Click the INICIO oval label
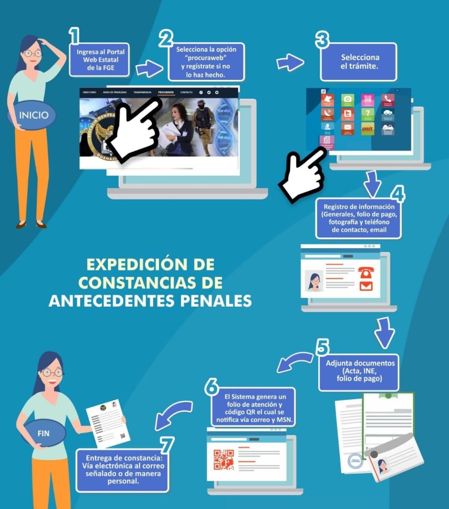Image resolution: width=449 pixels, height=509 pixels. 34,115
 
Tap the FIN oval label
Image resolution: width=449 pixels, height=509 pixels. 44,433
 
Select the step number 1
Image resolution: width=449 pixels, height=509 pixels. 74,36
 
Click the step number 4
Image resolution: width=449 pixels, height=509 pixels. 397,194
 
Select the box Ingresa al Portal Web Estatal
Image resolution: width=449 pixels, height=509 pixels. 100,60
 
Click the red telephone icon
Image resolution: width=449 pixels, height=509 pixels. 366,273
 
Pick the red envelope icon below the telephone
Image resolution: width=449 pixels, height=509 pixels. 366,286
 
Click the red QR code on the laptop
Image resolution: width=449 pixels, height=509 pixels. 224,459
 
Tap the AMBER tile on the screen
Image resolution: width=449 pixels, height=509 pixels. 367,128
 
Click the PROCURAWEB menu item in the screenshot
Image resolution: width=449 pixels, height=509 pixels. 166,92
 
